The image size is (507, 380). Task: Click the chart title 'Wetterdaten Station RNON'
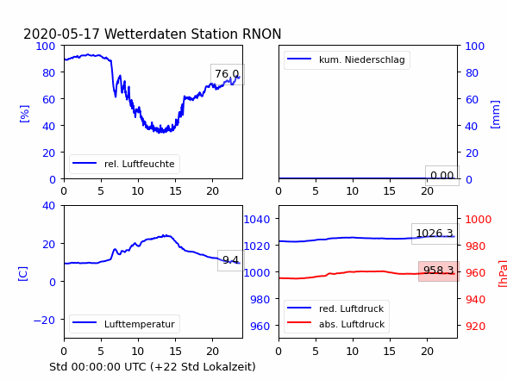[x=193, y=34]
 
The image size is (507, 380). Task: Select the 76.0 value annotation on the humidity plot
[x=228, y=74]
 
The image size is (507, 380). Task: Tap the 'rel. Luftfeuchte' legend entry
[x=124, y=164]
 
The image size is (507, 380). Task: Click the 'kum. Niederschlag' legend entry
[x=347, y=59]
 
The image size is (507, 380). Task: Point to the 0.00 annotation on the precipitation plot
[x=442, y=176]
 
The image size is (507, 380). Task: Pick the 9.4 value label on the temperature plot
[x=230, y=260]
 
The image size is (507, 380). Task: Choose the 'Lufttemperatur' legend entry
[x=124, y=324]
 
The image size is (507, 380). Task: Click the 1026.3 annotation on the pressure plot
[x=435, y=234]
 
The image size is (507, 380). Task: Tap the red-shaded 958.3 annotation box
[x=439, y=271]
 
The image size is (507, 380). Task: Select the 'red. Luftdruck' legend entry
[x=336, y=308]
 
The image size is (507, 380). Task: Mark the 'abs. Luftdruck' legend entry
[x=336, y=324]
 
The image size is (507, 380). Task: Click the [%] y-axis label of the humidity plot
[x=24, y=114]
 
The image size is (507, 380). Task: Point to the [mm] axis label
[x=495, y=115]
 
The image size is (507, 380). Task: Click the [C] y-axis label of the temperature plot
[x=23, y=273]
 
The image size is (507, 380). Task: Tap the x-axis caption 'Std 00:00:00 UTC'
[x=98, y=367]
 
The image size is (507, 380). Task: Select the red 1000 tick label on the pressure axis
[x=478, y=220]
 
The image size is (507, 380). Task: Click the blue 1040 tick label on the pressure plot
[x=257, y=220]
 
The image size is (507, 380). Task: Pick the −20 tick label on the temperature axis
[x=44, y=320]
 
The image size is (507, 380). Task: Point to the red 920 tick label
[x=475, y=326]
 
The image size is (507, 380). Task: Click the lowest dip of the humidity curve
[x=160, y=132]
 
